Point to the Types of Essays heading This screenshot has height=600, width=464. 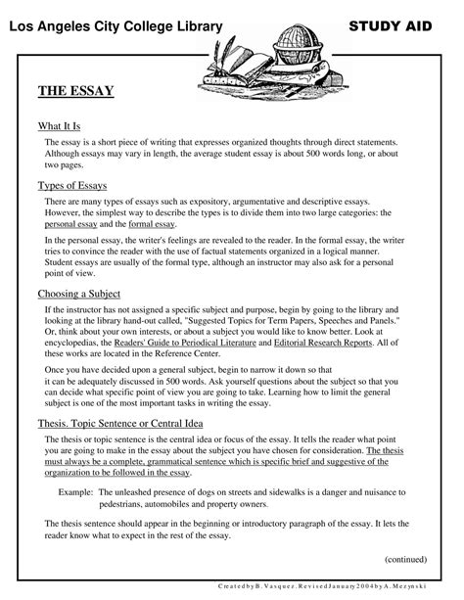pyautogui.click(x=72, y=184)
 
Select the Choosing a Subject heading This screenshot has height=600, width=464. pyautogui.click(x=79, y=293)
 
